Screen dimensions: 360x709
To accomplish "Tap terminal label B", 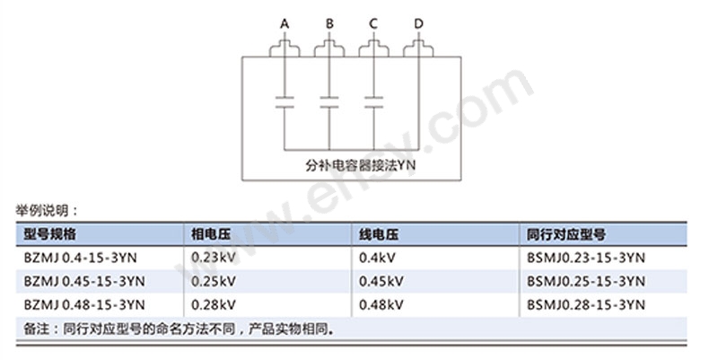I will click(x=329, y=22).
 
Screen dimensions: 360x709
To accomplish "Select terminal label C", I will click(x=373, y=22).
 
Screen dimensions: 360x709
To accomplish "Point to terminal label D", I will click(x=418, y=22).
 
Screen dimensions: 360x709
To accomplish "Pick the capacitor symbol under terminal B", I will click(x=329, y=100).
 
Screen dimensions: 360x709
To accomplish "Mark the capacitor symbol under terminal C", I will click(x=373, y=100).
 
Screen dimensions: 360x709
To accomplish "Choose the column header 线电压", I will click(x=378, y=234).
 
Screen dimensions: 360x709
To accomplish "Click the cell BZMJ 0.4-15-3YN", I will click(x=82, y=258).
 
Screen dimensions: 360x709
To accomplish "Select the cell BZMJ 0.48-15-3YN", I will click(x=85, y=304).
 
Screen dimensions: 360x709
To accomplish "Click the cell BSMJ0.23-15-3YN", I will click(x=586, y=258).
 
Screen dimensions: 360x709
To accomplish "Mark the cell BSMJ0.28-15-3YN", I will click(x=586, y=304).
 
